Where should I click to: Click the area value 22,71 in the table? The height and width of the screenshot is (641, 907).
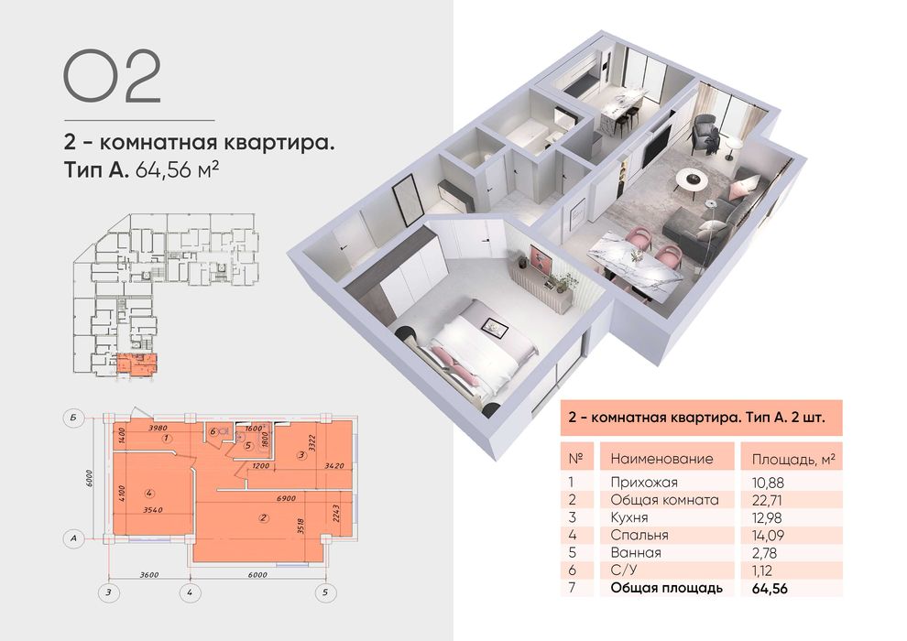point(768,499)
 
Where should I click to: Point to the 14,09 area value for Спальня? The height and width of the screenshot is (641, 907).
point(768,535)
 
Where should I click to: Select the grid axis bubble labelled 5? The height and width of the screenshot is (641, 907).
point(324,592)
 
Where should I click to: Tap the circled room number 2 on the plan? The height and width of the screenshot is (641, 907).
point(264,519)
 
